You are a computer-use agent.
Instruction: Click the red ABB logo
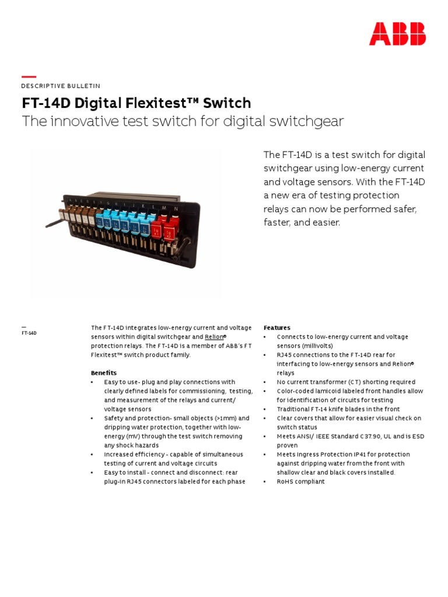tap(397, 34)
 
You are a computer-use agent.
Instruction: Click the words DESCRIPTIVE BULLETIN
tap(61, 86)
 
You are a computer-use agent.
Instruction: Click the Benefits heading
tap(103, 373)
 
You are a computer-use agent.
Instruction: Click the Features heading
tap(276, 328)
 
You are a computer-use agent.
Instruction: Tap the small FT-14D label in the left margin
tap(29, 333)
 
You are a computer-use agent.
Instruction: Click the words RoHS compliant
tap(300, 482)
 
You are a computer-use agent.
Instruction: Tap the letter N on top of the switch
tap(176, 208)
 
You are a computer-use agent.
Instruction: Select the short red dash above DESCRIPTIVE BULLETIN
tap(29, 77)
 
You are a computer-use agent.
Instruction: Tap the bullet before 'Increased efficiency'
tap(92, 454)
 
